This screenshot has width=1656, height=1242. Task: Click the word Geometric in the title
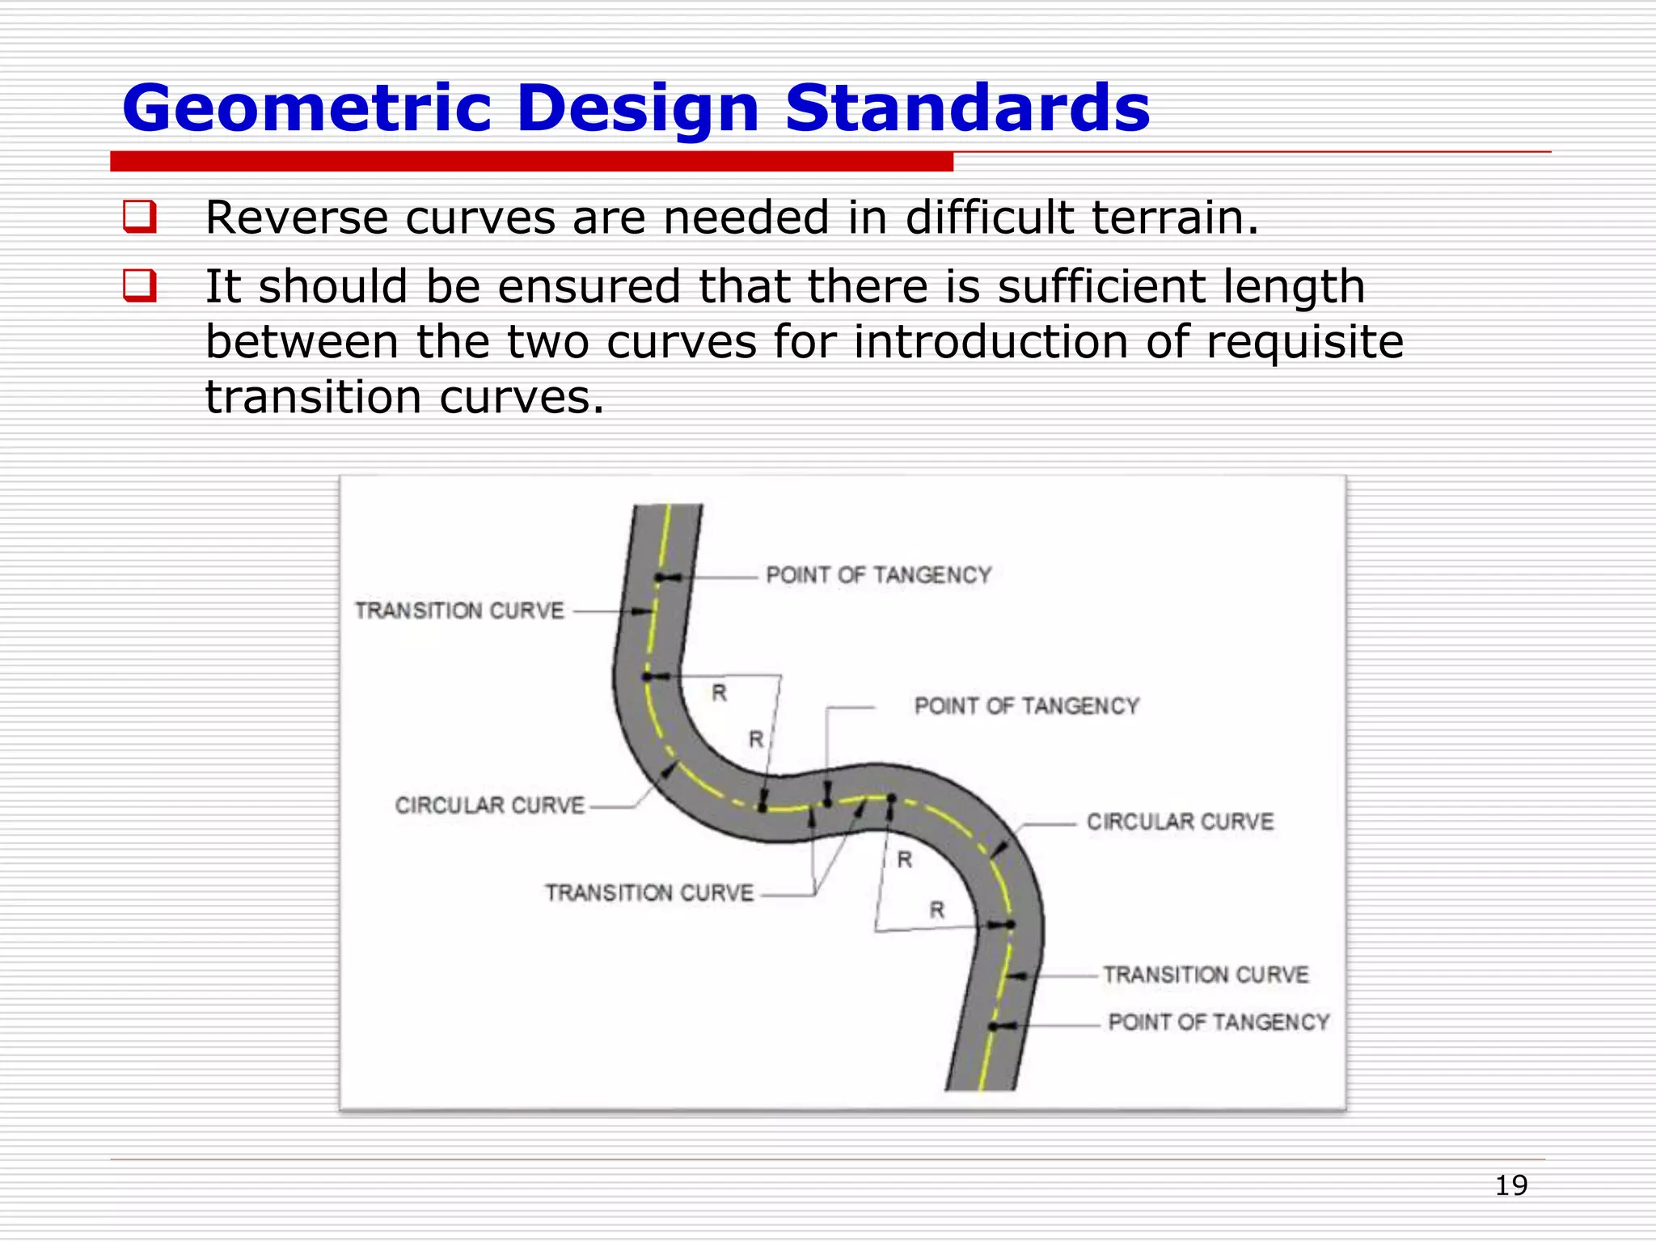point(306,108)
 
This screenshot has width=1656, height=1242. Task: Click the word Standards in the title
point(967,108)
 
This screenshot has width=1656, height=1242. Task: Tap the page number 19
point(1510,1185)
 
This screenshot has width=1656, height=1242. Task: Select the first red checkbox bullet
point(139,218)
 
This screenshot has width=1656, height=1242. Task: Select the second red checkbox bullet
point(139,286)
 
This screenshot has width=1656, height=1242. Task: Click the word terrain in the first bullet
point(1165,218)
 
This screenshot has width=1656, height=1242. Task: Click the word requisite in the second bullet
point(1304,341)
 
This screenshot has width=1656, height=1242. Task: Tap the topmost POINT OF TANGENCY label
point(878,575)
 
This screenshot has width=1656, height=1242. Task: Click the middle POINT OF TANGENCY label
point(1026,706)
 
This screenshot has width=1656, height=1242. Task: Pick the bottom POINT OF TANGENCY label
point(1219,1022)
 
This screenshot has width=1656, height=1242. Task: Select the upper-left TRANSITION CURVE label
point(459,610)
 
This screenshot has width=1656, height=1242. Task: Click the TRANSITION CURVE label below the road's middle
point(648,893)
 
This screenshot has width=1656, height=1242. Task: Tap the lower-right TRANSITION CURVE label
point(1206,974)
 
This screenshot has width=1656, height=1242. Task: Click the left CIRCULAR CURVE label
point(489,805)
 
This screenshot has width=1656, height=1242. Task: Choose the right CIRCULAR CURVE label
point(1180,822)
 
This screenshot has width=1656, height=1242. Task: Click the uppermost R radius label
point(719,693)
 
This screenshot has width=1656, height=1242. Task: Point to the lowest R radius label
point(936,910)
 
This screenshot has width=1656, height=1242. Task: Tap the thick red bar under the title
point(531,162)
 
